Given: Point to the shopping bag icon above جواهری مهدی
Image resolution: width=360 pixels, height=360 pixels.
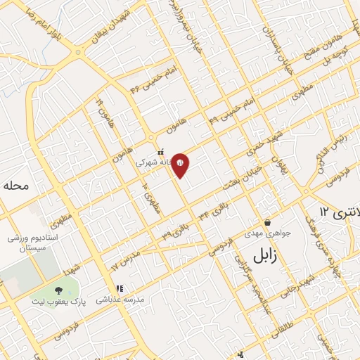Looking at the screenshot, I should point(268,222).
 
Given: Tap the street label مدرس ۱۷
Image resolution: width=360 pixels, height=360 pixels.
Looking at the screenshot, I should point(126,259).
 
